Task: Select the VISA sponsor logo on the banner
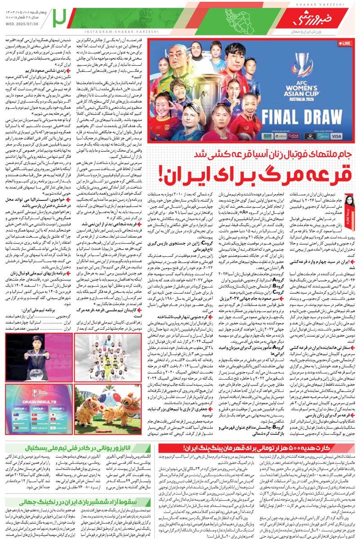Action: (x=336, y=135)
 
